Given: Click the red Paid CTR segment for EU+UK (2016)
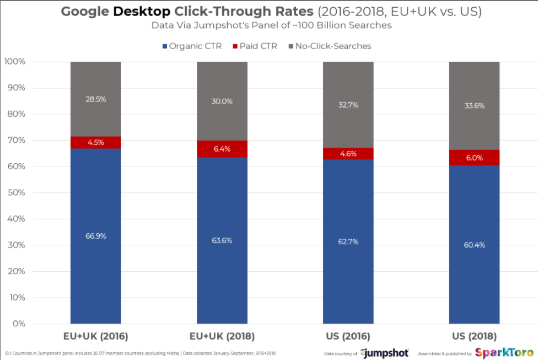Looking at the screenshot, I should pos(96,142).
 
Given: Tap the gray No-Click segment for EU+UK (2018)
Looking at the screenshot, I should pos(222,101).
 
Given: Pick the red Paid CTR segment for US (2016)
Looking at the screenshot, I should pos(348,153).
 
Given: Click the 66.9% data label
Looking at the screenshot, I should pos(96,236).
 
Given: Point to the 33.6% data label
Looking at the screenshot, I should pos(474,106).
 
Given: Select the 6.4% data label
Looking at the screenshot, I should pos(222,149).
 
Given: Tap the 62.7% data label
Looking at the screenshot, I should pos(348,241).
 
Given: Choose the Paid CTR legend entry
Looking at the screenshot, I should pos(257,46).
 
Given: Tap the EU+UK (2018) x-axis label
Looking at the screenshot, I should pos(222,336).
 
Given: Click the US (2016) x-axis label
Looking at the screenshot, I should pos(348,336).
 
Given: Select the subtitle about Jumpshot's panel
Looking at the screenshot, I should pos(269,25).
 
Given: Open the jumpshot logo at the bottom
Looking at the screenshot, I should pos(385,353).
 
